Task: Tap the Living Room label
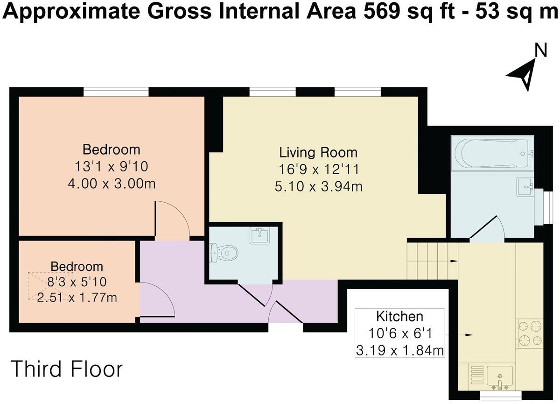[x=318, y=152]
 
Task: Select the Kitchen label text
[x=399, y=317]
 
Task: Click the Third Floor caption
[x=67, y=369]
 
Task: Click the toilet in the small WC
[x=224, y=253]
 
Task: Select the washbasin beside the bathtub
[x=526, y=187]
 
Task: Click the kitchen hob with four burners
[x=530, y=333]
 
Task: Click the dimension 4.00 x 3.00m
[x=112, y=184]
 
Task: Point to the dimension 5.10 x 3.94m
[x=318, y=187]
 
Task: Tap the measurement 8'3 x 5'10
[x=77, y=282]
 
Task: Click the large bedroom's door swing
[x=172, y=220]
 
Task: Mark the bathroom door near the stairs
[x=487, y=229]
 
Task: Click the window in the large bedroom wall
[x=116, y=92]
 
